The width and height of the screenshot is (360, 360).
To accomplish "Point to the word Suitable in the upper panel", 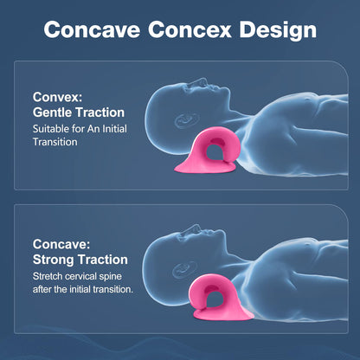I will point(52,128).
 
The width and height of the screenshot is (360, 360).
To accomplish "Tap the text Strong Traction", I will point(80,259).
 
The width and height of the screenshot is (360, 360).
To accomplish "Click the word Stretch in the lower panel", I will point(50,275).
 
